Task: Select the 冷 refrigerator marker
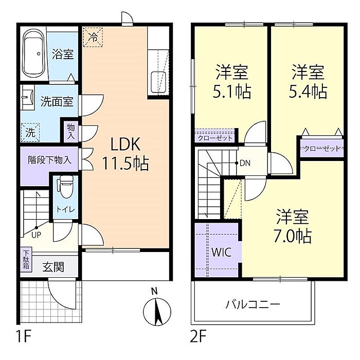click(93, 37)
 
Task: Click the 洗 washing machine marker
click(30, 133)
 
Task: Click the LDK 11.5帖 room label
click(125, 154)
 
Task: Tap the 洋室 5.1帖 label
click(232, 82)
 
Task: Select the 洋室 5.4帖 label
click(308, 82)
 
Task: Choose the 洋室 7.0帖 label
click(293, 226)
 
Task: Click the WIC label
click(221, 253)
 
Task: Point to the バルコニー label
click(253, 304)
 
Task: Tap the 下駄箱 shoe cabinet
click(26, 259)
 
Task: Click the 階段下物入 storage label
click(49, 160)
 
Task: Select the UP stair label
click(36, 235)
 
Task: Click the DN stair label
click(245, 163)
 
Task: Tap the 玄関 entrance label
click(53, 267)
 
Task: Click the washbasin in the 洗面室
click(28, 97)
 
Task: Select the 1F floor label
click(24, 336)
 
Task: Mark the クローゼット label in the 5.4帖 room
click(322, 149)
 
